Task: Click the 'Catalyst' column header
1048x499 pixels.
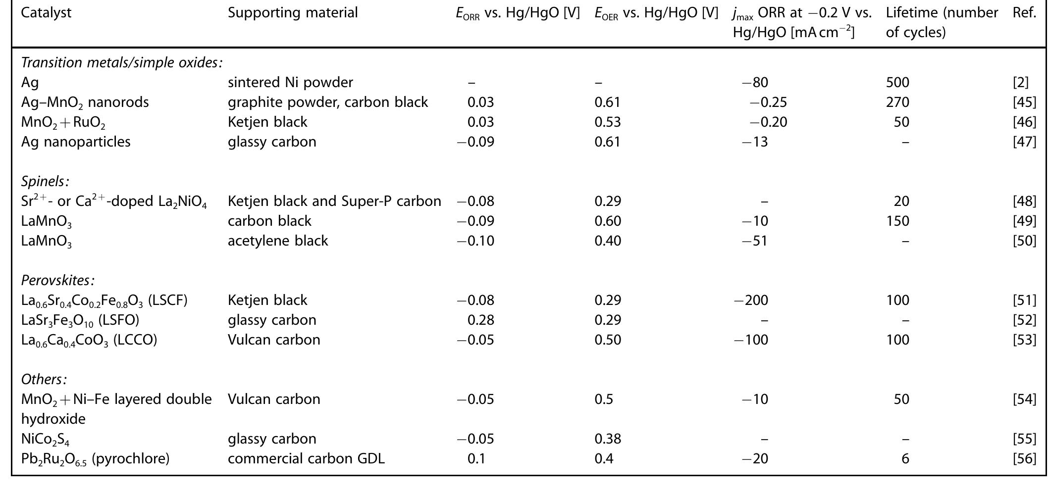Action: [x=46, y=12]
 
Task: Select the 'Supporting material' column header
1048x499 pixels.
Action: [x=292, y=12]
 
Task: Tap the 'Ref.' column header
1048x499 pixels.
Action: [x=1024, y=12]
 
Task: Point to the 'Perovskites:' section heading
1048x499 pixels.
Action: [x=57, y=280]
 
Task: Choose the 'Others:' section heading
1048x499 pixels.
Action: [x=44, y=379]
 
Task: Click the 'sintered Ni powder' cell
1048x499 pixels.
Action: [x=290, y=82]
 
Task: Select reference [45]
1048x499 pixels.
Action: [x=1024, y=102]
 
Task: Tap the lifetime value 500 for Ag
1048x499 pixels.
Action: [x=897, y=82]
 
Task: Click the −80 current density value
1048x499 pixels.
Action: [x=755, y=82]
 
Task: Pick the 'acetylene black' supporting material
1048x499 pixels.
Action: [x=278, y=241]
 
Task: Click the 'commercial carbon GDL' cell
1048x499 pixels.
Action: [x=306, y=458]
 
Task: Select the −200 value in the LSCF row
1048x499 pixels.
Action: [x=751, y=300]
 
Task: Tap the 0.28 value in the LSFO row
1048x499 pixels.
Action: [x=480, y=320]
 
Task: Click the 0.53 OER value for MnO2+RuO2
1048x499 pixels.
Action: [x=608, y=122]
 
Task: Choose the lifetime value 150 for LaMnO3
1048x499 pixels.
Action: [x=897, y=221]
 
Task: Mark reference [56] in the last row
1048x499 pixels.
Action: [x=1024, y=458]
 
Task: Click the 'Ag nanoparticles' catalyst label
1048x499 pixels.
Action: [x=76, y=142]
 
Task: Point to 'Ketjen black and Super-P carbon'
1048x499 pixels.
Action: [x=334, y=201]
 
